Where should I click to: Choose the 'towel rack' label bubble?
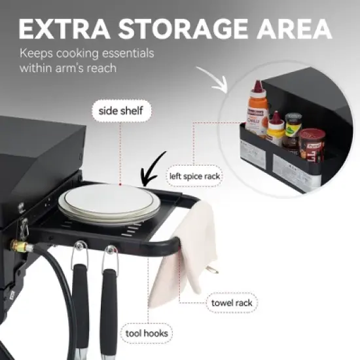[x=231, y=303]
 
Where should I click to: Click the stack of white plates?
[x=109, y=204]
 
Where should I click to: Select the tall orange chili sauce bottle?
[x=257, y=111]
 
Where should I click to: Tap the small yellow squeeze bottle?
[x=276, y=129]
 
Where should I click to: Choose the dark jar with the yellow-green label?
[x=294, y=128]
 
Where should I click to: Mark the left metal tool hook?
[x=80, y=252]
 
